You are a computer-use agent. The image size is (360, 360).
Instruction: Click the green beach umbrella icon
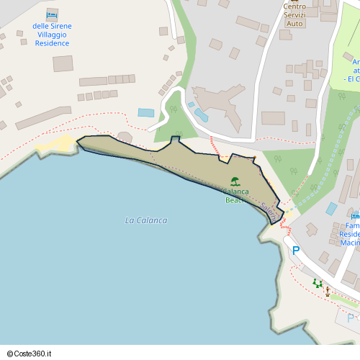coord(235,181)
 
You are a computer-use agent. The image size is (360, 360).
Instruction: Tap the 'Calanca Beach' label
coord(235,196)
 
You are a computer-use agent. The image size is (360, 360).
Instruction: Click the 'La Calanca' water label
coord(146,220)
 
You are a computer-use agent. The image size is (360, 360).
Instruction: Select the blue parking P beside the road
coord(295,251)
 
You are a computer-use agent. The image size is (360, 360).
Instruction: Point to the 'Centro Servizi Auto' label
coord(294,15)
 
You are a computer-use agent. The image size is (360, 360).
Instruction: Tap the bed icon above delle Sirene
coord(52,15)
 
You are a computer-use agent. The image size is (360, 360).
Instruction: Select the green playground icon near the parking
coord(318,283)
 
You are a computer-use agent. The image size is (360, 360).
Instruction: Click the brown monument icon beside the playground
coord(328,292)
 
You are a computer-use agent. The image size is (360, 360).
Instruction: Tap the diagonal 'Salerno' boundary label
coord(269,211)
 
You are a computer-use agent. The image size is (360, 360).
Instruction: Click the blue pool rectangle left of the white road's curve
coord(146,113)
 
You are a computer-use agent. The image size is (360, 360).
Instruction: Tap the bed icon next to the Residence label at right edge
coord(355,215)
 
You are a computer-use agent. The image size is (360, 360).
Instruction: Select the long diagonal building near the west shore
coord(43,117)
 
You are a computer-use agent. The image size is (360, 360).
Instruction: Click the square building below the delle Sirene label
coord(63,63)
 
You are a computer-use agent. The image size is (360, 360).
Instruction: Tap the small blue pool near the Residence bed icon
coord(331,209)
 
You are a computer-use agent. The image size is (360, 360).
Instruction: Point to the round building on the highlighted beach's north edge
coord(125,137)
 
